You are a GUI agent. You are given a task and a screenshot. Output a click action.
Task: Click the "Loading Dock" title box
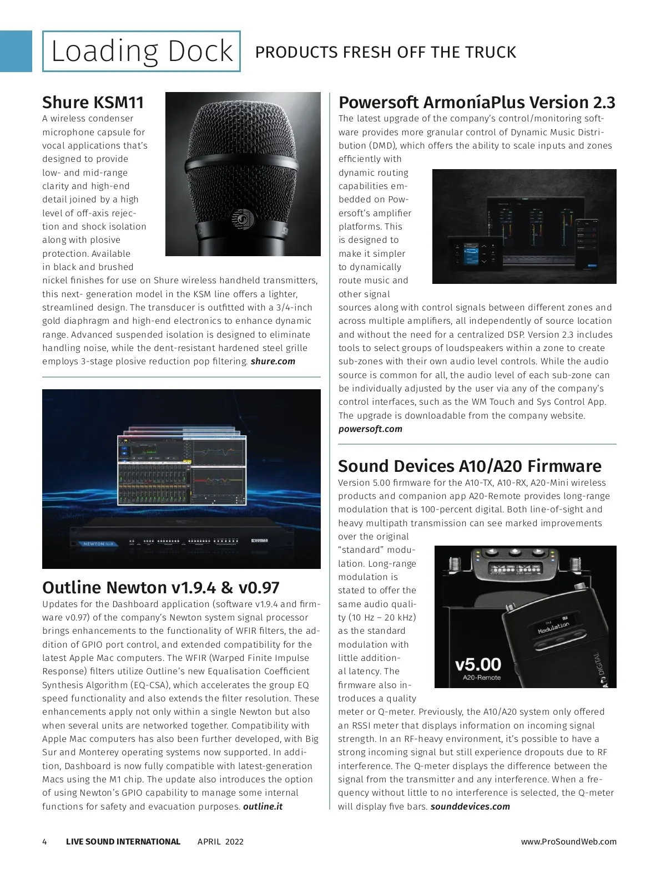click(142, 52)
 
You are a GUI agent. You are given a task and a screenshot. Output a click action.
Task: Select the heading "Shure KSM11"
click(93, 103)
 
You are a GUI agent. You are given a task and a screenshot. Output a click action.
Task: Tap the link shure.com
click(273, 362)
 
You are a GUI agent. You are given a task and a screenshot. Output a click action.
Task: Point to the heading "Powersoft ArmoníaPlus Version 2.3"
click(477, 103)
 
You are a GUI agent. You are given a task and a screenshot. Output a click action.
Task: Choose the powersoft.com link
click(370, 429)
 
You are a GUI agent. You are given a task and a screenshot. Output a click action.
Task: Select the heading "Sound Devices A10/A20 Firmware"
click(470, 466)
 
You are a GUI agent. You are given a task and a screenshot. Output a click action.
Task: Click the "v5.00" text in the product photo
click(478, 664)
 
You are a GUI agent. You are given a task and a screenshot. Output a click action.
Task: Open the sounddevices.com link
click(470, 807)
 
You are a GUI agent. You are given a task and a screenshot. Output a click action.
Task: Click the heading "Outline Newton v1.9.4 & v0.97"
click(161, 588)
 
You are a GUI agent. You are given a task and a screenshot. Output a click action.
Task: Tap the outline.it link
click(263, 807)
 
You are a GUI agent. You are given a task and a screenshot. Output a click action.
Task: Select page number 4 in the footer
click(45, 842)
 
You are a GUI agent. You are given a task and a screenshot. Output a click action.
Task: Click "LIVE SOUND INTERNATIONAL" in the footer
click(123, 842)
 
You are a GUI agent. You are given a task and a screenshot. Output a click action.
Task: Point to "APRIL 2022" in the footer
click(220, 842)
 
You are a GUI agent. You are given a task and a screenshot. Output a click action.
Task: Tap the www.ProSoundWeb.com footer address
click(568, 842)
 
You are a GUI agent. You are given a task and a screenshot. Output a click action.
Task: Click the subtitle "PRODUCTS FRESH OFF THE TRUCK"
click(385, 52)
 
